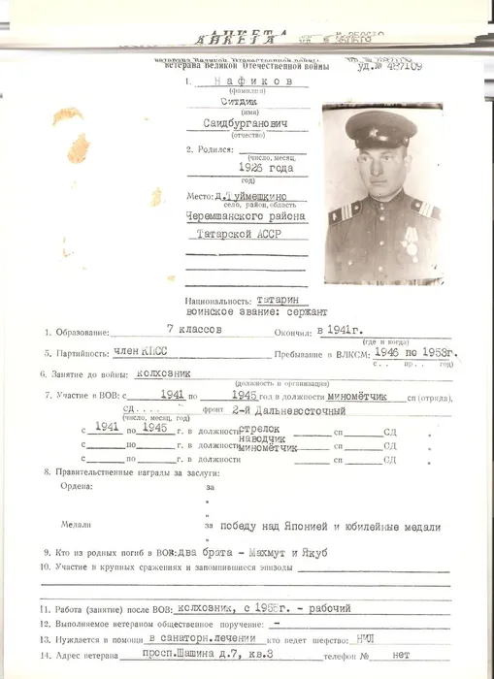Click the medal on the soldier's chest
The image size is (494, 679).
pos(412,238)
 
